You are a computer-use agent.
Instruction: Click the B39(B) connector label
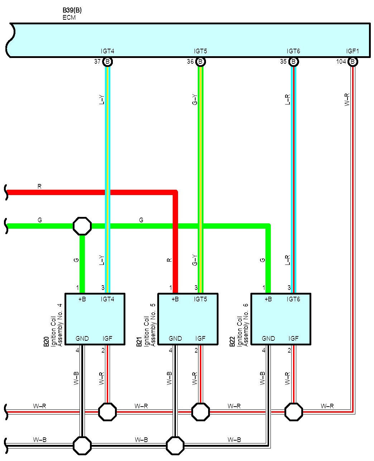[x=72, y=10]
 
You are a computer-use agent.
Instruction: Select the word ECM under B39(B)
[x=69, y=17]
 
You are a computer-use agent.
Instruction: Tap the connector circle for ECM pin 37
[x=107, y=62]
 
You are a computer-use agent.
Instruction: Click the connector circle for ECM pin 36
[x=201, y=62]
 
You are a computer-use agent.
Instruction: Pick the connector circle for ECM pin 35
[x=293, y=62]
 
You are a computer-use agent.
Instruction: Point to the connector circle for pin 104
[x=353, y=62]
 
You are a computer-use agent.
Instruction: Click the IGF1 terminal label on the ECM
[x=353, y=51]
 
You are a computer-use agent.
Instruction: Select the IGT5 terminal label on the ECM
[x=201, y=51]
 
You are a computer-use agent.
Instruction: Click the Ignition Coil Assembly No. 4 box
[x=95, y=319]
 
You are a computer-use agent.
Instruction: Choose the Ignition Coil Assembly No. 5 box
[x=188, y=319]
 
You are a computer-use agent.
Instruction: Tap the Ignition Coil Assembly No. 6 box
[x=281, y=319]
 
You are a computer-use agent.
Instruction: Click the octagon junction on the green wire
[x=82, y=226]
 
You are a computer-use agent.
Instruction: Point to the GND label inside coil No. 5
[x=175, y=339]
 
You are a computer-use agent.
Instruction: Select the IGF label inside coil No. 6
[x=293, y=339]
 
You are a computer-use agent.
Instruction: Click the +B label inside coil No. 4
[x=82, y=299]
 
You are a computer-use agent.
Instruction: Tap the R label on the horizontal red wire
[x=39, y=186]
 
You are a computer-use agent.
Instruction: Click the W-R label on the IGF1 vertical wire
[x=347, y=100]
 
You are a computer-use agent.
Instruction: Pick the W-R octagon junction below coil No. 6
[x=294, y=412]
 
